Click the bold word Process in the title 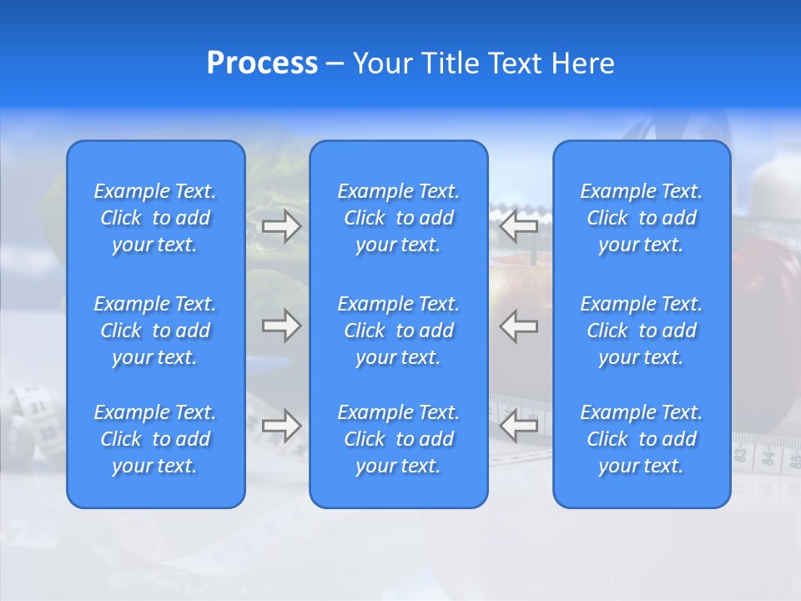click(x=262, y=63)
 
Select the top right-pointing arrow click(x=281, y=226)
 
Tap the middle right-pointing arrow click(x=281, y=326)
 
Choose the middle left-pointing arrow click(x=519, y=326)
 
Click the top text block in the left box click(x=155, y=218)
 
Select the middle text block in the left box click(x=155, y=331)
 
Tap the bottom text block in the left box click(x=155, y=439)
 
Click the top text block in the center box click(x=399, y=218)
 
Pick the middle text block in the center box click(x=399, y=331)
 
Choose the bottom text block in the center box click(x=399, y=439)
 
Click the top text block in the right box click(x=642, y=218)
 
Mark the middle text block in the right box click(x=642, y=331)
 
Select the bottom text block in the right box click(x=642, y=439)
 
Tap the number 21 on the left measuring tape click(x=37, y=407)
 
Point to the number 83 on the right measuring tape click(x=740, y=455)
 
